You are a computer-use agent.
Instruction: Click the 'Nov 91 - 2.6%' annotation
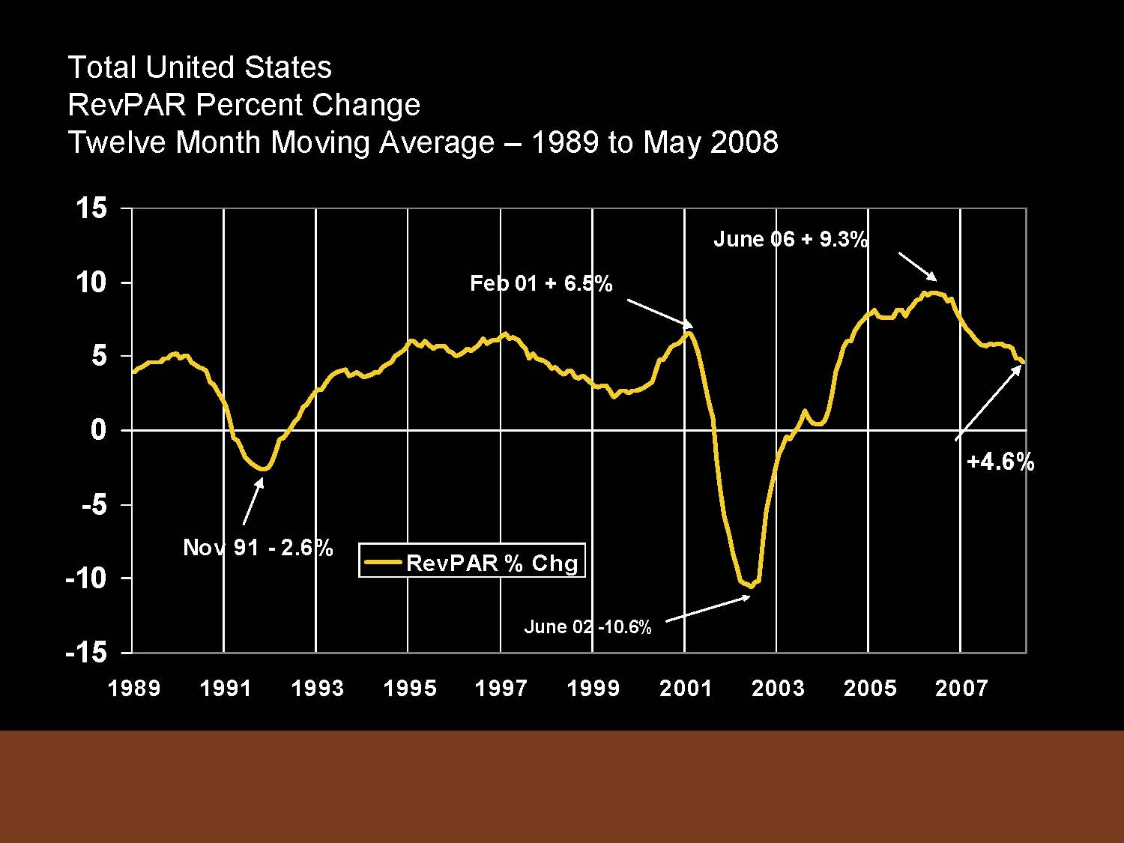(x=258, y=548)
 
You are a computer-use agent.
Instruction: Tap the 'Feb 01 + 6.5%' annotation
(x=541, y=283)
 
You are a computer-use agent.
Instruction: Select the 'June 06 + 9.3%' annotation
(x=791, y=239)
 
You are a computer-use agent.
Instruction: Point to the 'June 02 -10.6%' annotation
(x=587, y=626)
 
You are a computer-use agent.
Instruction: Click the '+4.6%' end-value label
(x=1000, y=462)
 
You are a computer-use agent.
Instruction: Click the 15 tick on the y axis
(x=91, y=208)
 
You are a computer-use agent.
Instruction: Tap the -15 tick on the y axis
(x=86, y=652)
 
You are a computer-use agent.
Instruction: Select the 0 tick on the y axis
(x=99, y=430)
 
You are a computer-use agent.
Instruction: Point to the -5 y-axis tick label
(x=94, y=504)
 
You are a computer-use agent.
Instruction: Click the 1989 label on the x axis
(x=134, y=688)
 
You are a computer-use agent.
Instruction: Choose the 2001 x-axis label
(x=685, y=688)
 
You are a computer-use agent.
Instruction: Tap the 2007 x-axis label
(x=961, y=688)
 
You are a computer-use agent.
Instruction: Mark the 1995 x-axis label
(x=409, y=688)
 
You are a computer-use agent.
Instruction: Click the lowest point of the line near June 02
(x=751, y=585)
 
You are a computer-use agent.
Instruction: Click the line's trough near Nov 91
(x=262, y=469)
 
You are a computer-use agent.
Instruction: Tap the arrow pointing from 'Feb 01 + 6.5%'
(x=659, y=312)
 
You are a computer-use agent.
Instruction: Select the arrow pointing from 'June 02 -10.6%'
(x=707, y=608)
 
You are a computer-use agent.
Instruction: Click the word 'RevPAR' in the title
(x=127, y=105)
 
